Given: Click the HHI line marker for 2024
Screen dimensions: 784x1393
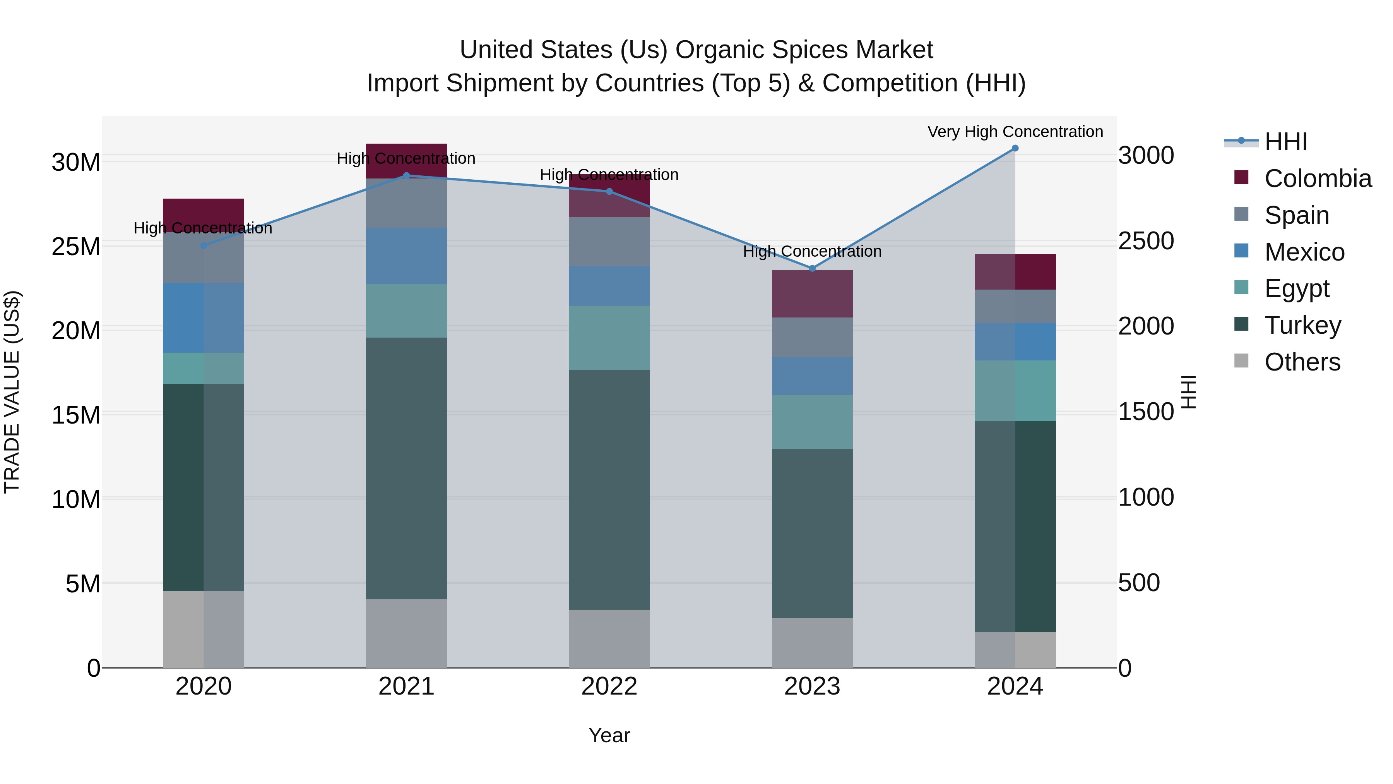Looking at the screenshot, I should (x=1015, y=148).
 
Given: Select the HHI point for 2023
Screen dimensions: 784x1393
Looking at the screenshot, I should (x=812, y=268).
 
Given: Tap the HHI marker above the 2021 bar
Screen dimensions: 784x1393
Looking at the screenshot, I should (x=407, y=175).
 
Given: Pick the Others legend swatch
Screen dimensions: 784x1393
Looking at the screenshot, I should (x=1242, y=361).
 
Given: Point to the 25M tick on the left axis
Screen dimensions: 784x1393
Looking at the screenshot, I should (x=76, y=247).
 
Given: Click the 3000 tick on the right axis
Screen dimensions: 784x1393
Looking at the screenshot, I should (x=1146, y=156).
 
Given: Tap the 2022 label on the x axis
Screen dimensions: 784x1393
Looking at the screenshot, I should (x=609, y=686).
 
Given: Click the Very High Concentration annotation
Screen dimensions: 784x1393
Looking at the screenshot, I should (x=1015, y=132).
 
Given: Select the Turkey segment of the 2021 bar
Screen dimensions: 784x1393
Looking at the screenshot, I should (x=407, y=468).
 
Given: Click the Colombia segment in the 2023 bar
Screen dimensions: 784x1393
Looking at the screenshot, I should (x=812, y=294).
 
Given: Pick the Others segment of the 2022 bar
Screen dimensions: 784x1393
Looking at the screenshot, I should (x=609, y=638).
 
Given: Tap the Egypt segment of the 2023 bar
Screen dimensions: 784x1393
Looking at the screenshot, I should (x=812, y=422).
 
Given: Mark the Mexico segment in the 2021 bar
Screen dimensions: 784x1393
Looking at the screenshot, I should (x=407, y=256).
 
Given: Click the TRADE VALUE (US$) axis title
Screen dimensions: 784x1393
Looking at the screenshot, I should (x=12, y=392).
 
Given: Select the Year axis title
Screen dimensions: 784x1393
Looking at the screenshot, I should (x=609, y=735).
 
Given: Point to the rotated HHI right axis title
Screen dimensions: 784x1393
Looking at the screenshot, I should (x=1189, y=392).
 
